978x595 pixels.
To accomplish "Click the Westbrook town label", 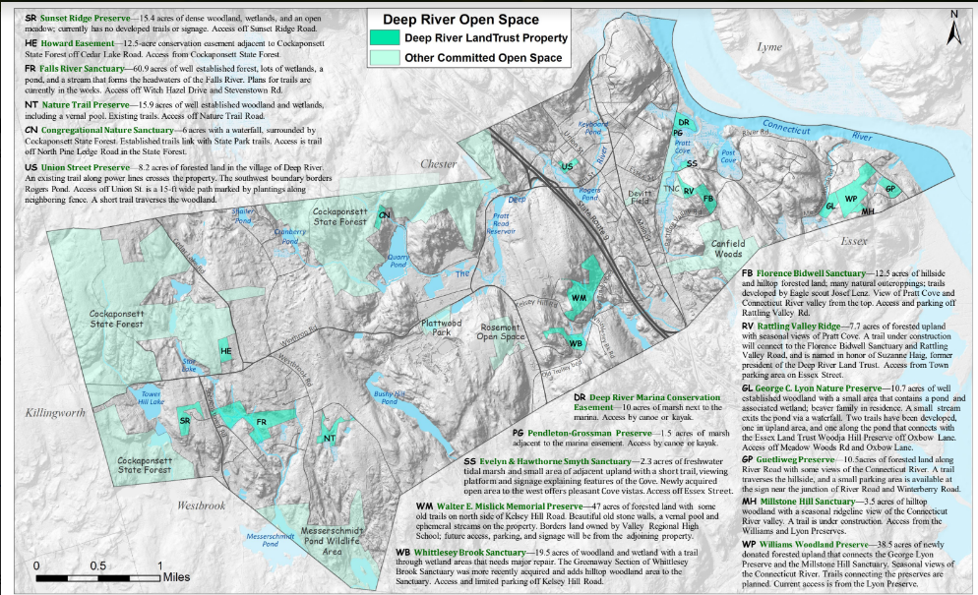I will pyautogui.click(x=202, y=505).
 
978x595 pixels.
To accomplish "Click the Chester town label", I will pyautogui.click(x=439, y=164).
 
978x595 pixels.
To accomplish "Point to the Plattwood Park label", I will pyautogui.click(x=442, y=327).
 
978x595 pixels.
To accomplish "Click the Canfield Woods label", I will pyautogui.click(x=729, y=249).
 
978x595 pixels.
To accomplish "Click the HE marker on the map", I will pyautogui.click(x=225, y=351).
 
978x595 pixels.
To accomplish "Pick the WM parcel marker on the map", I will pyautogui.click(x=579, y=297).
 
